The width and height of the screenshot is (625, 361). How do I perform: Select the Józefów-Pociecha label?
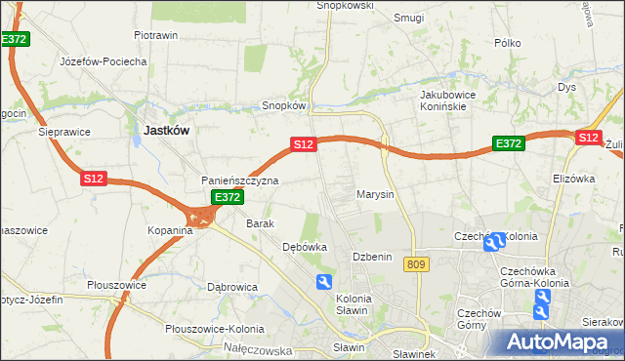[103, 60]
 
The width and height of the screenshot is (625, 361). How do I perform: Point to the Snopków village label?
[285, 105]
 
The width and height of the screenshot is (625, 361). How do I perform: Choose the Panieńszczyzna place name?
[240, 180]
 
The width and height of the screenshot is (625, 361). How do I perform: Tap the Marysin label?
[375, 194]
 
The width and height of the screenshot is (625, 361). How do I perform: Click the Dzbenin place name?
[372, 256]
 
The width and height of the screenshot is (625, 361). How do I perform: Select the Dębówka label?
[304, 247]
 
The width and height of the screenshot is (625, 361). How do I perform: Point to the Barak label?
[259, 223]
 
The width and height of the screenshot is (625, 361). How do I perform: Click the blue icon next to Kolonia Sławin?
[323, 282]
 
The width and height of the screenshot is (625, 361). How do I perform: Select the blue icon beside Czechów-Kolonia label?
[495, 241]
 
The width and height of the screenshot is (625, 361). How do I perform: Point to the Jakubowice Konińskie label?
[447, 100]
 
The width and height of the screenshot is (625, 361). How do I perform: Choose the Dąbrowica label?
[231, 287]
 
